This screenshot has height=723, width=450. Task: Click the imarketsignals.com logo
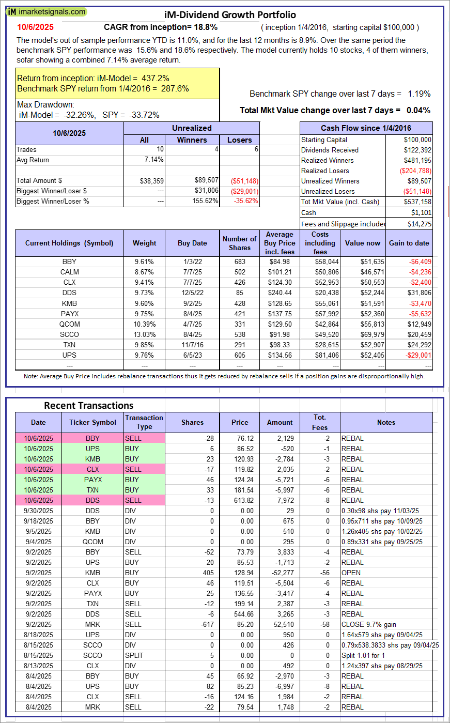pos(46,11)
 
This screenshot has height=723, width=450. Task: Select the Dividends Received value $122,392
pos(417,150)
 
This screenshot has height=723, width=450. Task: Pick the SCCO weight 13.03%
pos(144,334)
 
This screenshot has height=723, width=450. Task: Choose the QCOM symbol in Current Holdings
pos(69,324)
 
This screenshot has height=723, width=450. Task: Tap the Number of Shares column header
pos(239,243)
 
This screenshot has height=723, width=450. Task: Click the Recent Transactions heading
pos(89,405)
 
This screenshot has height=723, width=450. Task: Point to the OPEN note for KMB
pos(351,573)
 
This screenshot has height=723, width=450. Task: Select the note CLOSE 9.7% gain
pos(368,624)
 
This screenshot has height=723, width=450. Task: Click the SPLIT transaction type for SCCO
pos(134,655)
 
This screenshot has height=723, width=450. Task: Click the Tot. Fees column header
pos(320,422)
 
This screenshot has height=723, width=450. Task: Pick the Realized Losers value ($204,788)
pos(415,171)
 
